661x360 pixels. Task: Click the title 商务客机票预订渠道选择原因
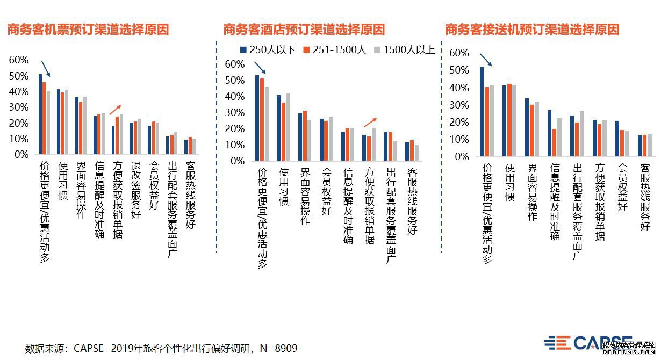(x=88, y=30)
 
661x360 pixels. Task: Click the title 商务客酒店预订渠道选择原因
(x=304, y=30)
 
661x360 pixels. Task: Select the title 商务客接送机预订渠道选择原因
(x=532, y=30)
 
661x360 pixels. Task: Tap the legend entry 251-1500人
(x=335, y=51)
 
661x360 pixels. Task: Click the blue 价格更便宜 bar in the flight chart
(x=40, y=114)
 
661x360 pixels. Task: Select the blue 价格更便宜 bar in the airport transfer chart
(x=482, y=112)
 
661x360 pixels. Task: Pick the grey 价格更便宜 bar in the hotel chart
(x=267, y=124)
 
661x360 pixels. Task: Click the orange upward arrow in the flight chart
(x=115, y=110)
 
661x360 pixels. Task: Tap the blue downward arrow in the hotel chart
(x=260, y=67)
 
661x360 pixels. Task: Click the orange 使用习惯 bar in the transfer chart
(x=509, y=120)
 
